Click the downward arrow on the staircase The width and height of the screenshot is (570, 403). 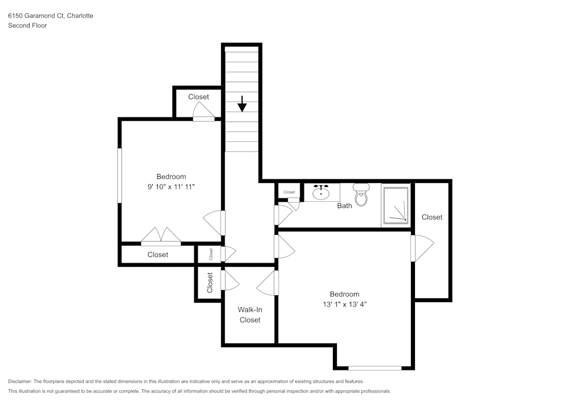242,104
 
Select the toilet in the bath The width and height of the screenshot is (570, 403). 361,196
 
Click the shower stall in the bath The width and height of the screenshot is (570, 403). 396,205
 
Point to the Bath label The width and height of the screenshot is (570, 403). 344,206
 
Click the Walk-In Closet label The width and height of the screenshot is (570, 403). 250,315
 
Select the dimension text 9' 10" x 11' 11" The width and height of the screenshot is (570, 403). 171,187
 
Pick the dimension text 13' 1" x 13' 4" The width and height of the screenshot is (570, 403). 344,304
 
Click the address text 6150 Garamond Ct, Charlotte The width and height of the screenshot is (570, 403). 51,16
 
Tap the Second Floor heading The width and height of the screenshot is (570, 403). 27,26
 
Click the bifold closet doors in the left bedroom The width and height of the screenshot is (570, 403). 161,237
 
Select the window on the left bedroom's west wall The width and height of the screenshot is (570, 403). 120,176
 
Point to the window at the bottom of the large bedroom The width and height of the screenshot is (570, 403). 374,368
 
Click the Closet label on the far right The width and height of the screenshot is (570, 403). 432,217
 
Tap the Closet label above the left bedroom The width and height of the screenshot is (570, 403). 198,97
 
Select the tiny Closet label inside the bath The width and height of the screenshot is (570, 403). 289,192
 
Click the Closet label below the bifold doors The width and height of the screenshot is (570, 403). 158,255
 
